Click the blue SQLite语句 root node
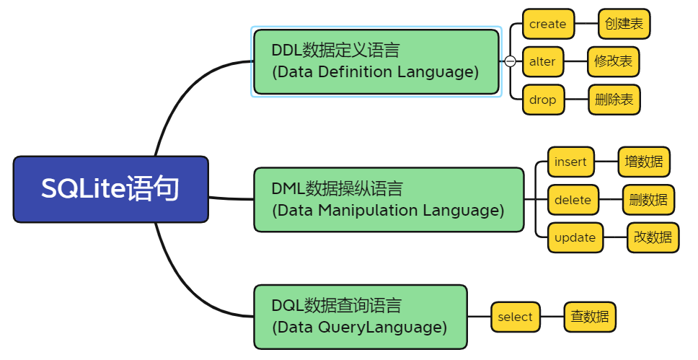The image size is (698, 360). [x=111, y=189]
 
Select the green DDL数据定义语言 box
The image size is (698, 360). [x=376, y=61]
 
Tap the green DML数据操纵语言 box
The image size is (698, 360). [x=389, y=200]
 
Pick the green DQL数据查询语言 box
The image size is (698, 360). [x=361, y=317]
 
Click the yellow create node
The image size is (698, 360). [x=549, y=24]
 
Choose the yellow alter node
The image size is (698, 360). [x=543, y=61]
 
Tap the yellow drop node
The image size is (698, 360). [x=543, y=100]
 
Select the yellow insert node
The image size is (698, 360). [x=570, y=162]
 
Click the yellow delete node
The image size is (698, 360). [x=573, y=200]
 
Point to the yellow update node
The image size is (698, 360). [x=575, y=237]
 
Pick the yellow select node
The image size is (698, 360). [x=516, y=317]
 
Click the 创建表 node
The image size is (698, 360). [x=624, y=24]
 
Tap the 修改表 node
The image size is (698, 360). [x=614, y=61]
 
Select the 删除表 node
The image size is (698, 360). [x=614, y=100]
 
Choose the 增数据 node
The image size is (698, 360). [x=644, y=162]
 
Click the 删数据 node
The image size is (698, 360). [x=648, y=200]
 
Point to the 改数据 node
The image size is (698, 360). [x=653, y=237]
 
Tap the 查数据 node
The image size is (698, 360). [x=590, y=317]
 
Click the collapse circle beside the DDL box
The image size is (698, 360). [x=510, y=61]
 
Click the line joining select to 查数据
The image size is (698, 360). [x=552, y=317]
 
